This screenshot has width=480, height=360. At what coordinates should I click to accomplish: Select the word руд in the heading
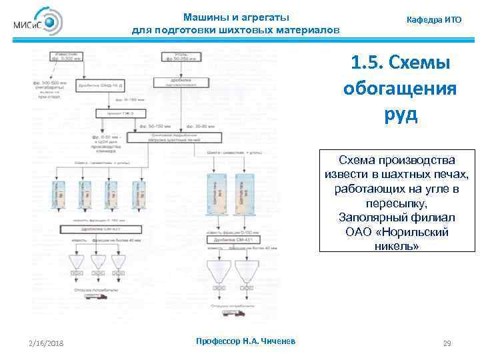tap(400, 114)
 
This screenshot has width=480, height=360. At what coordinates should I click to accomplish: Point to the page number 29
tap(447, 343)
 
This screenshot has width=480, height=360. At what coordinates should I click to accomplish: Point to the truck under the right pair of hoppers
tap(237, 311)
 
